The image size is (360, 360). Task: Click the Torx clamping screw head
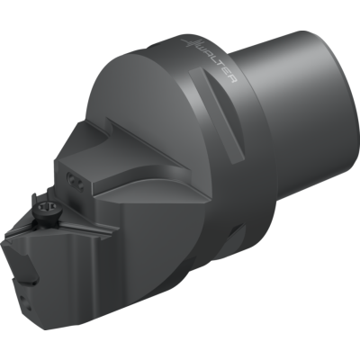tap(44, 209)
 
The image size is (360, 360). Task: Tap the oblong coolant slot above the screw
tap(75, 181)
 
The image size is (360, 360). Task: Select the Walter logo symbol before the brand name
tap(190, 45)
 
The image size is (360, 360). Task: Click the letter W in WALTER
tap(200, 49)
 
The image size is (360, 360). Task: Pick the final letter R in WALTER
tap(233, 80)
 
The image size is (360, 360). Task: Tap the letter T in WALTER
tap(220, 67)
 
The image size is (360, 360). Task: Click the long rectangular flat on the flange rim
tap(218, 115)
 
